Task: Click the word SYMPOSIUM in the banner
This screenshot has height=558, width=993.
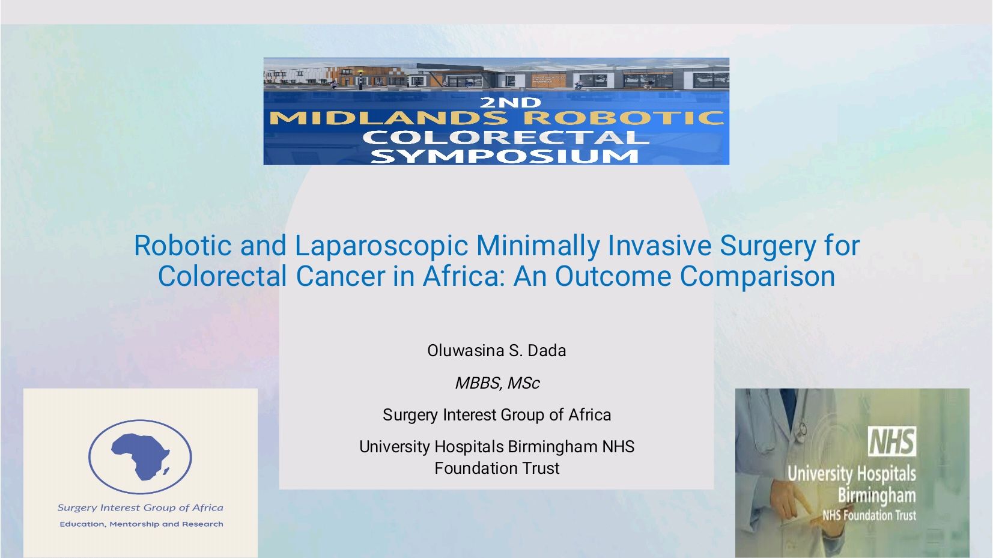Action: coord(505,156)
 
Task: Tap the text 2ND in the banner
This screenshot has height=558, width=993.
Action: coord(511,103)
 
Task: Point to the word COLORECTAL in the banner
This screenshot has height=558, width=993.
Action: coord(506,137)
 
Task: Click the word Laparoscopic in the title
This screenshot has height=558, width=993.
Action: coord(381,247)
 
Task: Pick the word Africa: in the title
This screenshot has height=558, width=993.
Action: coord(463,276)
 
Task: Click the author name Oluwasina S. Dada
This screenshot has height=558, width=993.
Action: coord(496,351)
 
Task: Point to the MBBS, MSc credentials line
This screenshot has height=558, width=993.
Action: coord(497,383)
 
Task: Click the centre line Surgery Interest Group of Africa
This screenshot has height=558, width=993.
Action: coord(496,415)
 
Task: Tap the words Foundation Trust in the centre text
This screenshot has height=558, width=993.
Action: coord(496,468)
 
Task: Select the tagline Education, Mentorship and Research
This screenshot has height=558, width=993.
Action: coord(141,524)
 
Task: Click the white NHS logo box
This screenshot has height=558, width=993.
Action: coord(891,441)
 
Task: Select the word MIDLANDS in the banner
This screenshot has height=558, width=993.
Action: coord(388,118)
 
